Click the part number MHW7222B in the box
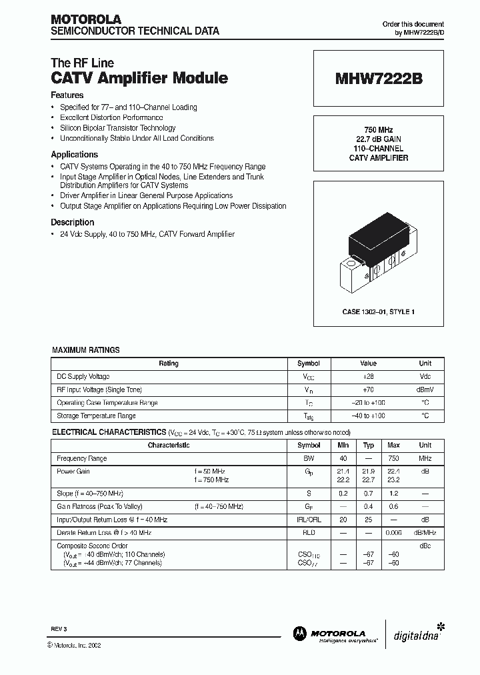[x=378, y=78]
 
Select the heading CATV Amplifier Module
[x=139, y=78]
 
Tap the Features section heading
[x=67, y=95]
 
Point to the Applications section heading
[x=74, y=154]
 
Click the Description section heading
[x=72, y=222]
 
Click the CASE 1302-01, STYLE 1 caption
[x=377, y=311]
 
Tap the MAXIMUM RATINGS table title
[x=85, y=350]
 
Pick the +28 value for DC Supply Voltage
[x=368, y=377]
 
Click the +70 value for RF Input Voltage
[x=368, y=390]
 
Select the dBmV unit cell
[x=425, y=390]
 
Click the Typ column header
[x=368, y=446]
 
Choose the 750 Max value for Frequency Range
[x=393, y=459]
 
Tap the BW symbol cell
[x=309, y=459]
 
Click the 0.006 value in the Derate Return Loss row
[x=393, y=533]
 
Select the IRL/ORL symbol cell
[x=309, y=520]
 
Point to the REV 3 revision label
[x=59, y=630]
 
